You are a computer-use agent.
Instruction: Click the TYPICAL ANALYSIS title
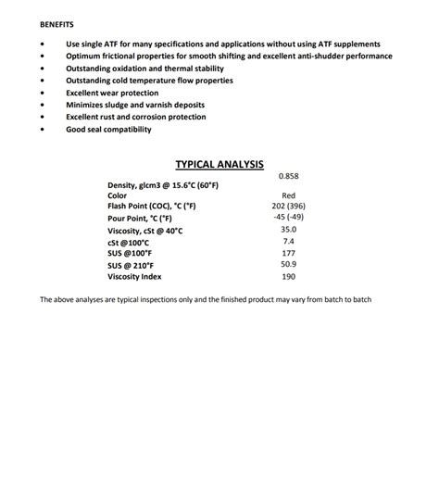point(219,164)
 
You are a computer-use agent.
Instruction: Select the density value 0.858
point(288,176)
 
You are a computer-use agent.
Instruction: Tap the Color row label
point(118,195)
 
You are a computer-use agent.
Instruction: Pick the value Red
point(288,195)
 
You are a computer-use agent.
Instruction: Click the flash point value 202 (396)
point(288,206)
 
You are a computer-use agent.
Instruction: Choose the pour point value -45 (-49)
point(288,217)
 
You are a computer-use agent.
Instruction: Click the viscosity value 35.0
point(288,229)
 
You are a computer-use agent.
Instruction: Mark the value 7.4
point(288,241)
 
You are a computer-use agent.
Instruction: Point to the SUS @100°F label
point(129,253)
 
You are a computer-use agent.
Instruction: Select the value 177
point(288,253)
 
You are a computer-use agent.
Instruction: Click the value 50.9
point(288,265)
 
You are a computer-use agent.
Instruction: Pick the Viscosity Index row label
point(135,277)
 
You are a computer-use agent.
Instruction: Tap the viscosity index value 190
point(288,277)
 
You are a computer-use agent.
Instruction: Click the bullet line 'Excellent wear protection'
point(111,93)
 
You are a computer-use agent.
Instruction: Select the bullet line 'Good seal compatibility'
point(108,130)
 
